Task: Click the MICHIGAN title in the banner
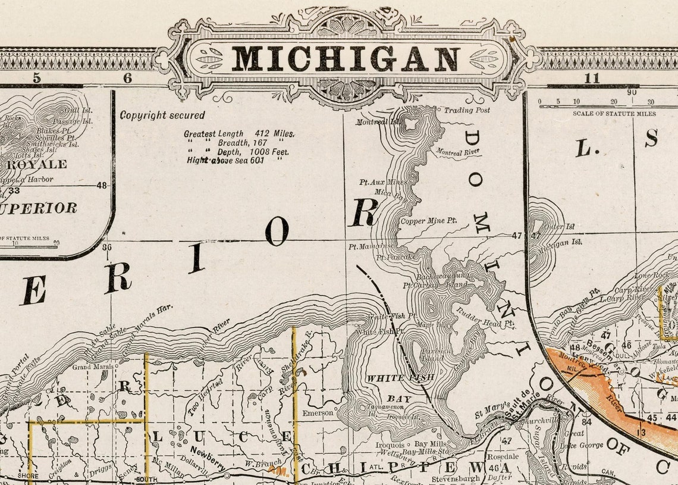pos(345,59)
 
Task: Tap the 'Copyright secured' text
pos(162,115)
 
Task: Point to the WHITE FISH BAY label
pos(400,387)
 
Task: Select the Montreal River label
pos(458,153)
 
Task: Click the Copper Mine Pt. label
pos(428,221)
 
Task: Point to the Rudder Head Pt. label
pos(485,317)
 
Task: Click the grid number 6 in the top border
pos(127,78)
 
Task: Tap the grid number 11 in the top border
pos(591,78)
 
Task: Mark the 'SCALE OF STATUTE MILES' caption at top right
pos(614,113)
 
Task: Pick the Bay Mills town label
pos(429,444)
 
